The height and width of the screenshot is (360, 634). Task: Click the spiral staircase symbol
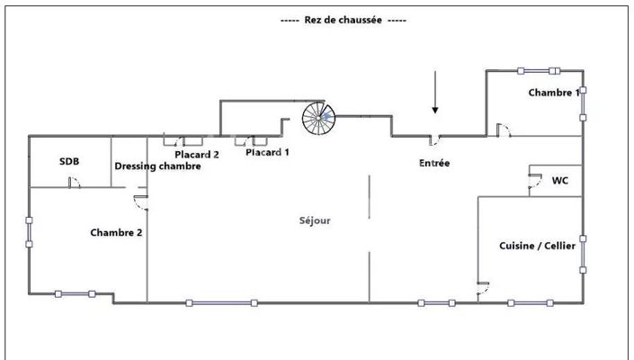tap(317, 117)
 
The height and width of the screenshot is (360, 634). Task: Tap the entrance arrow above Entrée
tap(435, 94)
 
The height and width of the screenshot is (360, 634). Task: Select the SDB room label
tap(69, 161)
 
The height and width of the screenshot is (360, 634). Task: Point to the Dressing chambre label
tap(157, 166)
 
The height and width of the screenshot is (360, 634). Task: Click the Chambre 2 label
tap(116, 232)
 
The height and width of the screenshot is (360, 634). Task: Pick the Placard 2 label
tap(197, 154)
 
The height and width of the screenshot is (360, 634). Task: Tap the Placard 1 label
tap(267, 152)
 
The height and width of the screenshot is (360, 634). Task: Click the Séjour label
tap(316, 220)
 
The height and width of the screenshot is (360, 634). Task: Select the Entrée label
tap(434, 164)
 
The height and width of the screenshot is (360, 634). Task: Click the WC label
tap(559, 180)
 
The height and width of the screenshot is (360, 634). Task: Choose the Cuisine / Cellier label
tap(538, 246)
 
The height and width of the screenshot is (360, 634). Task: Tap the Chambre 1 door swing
tap(505, 131)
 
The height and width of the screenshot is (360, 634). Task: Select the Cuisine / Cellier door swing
tap(483, 287)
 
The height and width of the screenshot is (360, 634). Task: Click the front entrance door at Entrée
tap(433, 139)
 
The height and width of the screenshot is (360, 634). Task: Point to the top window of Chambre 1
tap(539, 71)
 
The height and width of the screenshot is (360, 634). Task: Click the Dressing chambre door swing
tap(140, 202)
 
